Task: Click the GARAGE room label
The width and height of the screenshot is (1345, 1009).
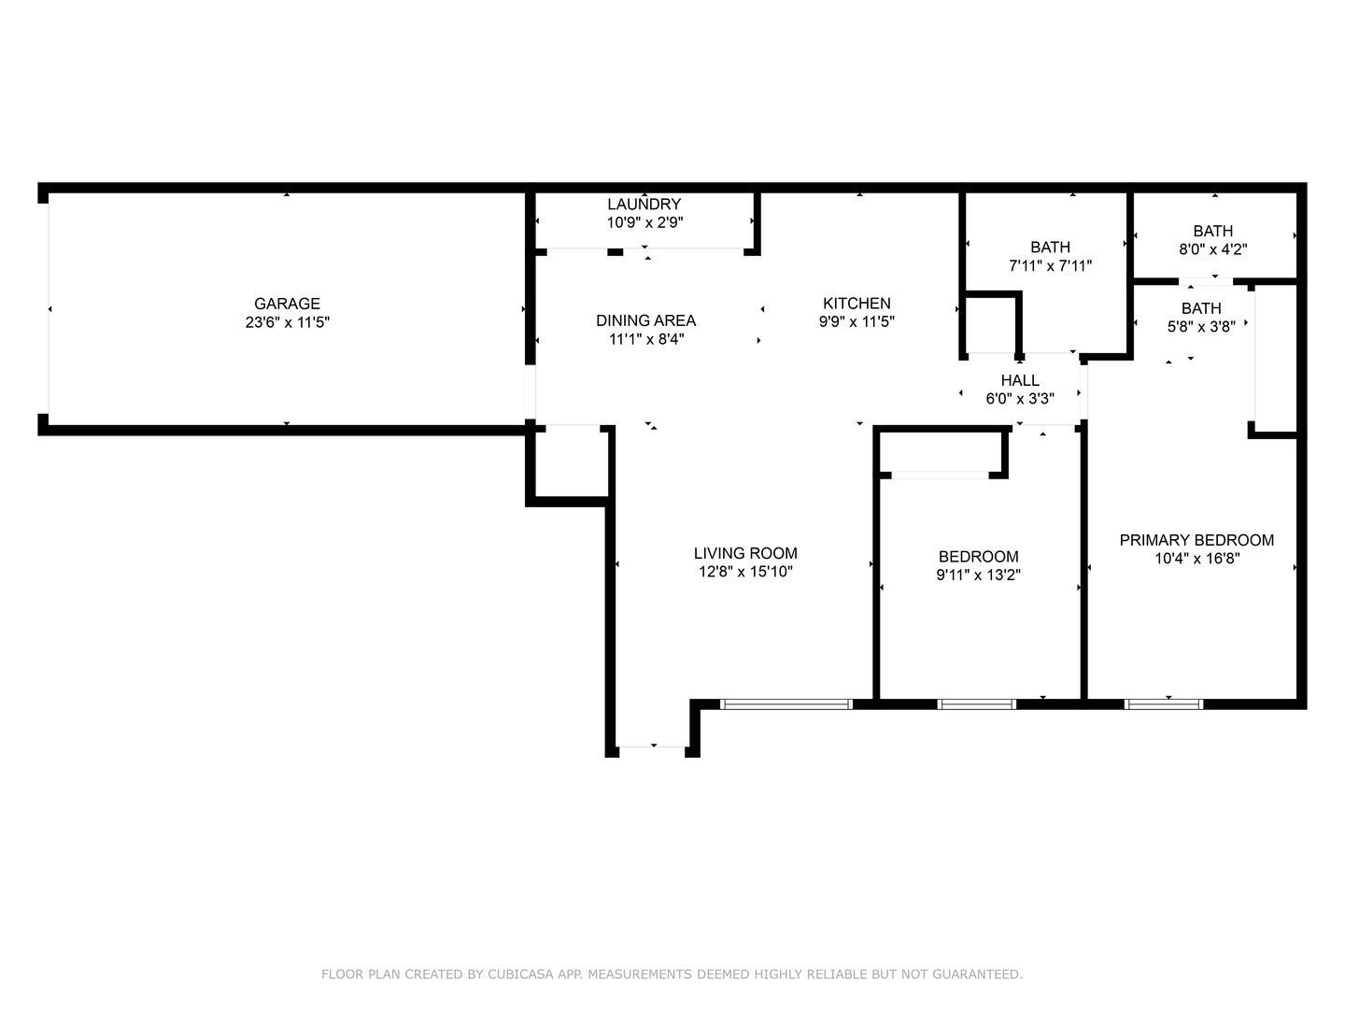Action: (287, 304)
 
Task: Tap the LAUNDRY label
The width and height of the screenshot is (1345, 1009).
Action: (644, 204)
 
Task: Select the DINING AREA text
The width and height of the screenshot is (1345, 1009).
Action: (645, 320)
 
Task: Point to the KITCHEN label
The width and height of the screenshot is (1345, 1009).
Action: (857, 304)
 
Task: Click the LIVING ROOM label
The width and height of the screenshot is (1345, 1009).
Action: (745, 553)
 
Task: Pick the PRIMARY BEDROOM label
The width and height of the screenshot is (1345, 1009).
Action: (1196, 540)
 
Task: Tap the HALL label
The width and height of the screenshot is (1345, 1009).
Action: (1020, 380)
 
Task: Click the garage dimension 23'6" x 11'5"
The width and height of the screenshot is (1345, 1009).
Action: (288, 322)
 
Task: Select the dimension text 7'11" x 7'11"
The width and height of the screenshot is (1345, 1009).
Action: (1050, 266)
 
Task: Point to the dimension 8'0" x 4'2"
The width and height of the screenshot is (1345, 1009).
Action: (1213, 249)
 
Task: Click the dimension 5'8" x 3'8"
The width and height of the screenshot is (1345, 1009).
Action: (1201, 327)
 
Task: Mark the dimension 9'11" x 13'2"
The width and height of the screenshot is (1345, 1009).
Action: (979, 575)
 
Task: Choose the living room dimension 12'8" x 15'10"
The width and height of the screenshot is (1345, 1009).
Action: (745, 572)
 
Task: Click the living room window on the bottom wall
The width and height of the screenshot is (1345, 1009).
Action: (786, 704)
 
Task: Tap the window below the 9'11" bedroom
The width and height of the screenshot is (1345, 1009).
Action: (977, 704)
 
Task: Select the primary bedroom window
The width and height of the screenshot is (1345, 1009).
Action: (1164, 704)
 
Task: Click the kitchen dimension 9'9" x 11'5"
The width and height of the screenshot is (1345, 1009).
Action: (857, 321)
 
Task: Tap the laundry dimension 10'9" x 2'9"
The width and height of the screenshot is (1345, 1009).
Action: (644, 222)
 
